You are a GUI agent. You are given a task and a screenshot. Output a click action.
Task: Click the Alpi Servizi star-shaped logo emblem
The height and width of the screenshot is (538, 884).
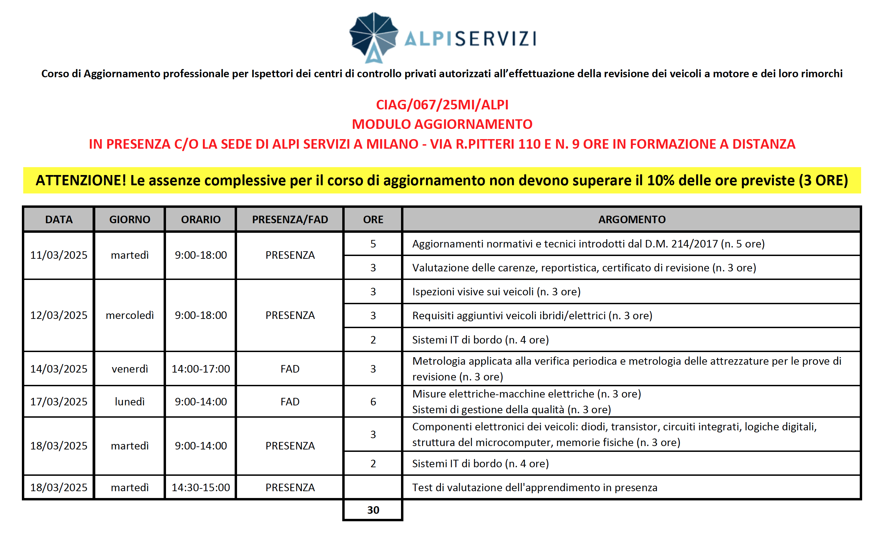tap(373, 37)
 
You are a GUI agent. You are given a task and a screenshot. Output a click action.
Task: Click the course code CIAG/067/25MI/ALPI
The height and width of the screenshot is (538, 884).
tap(442, 105)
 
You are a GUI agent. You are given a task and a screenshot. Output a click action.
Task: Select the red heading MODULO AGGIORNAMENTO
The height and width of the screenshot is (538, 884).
tap(442, 124)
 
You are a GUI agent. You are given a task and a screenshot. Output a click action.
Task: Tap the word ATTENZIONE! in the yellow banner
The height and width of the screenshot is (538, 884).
tap(81, 180)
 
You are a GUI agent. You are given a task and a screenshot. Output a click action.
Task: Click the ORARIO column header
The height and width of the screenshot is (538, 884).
tap(201, 219)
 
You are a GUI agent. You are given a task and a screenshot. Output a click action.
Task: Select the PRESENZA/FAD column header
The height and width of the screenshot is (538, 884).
tap(290, 219)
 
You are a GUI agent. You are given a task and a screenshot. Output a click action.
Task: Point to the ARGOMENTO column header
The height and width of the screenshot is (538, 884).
tap(632, 219)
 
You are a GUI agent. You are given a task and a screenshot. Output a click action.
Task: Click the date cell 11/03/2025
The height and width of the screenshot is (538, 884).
tap(59, 255)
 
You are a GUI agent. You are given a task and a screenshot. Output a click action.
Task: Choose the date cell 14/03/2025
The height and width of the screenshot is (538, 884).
tap(59, 369)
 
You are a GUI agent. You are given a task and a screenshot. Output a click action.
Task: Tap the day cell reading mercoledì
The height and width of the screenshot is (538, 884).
tap(129, 315)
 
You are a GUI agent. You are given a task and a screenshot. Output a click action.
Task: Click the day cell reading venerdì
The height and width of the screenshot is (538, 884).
tap(129, 369)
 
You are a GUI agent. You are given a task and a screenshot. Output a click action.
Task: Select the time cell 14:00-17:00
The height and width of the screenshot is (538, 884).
tap(201, 369)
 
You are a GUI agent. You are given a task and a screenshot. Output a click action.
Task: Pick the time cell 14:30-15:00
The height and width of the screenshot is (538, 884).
tap(201, 487)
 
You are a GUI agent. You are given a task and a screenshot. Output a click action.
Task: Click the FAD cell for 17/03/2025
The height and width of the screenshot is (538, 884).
tap(290, 402)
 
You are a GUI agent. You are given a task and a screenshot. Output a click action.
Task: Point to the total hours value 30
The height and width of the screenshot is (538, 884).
tap(373, 510)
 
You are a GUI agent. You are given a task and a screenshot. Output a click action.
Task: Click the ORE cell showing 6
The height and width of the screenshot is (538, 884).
tap(373, 402)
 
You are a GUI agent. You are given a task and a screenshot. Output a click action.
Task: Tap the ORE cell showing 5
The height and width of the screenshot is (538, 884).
tap(373, 244)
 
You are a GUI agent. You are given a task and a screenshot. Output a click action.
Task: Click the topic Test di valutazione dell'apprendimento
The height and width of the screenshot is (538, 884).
tap(535, 487)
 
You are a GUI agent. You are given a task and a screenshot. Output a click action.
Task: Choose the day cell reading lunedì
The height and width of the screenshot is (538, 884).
tap(129, 402)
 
